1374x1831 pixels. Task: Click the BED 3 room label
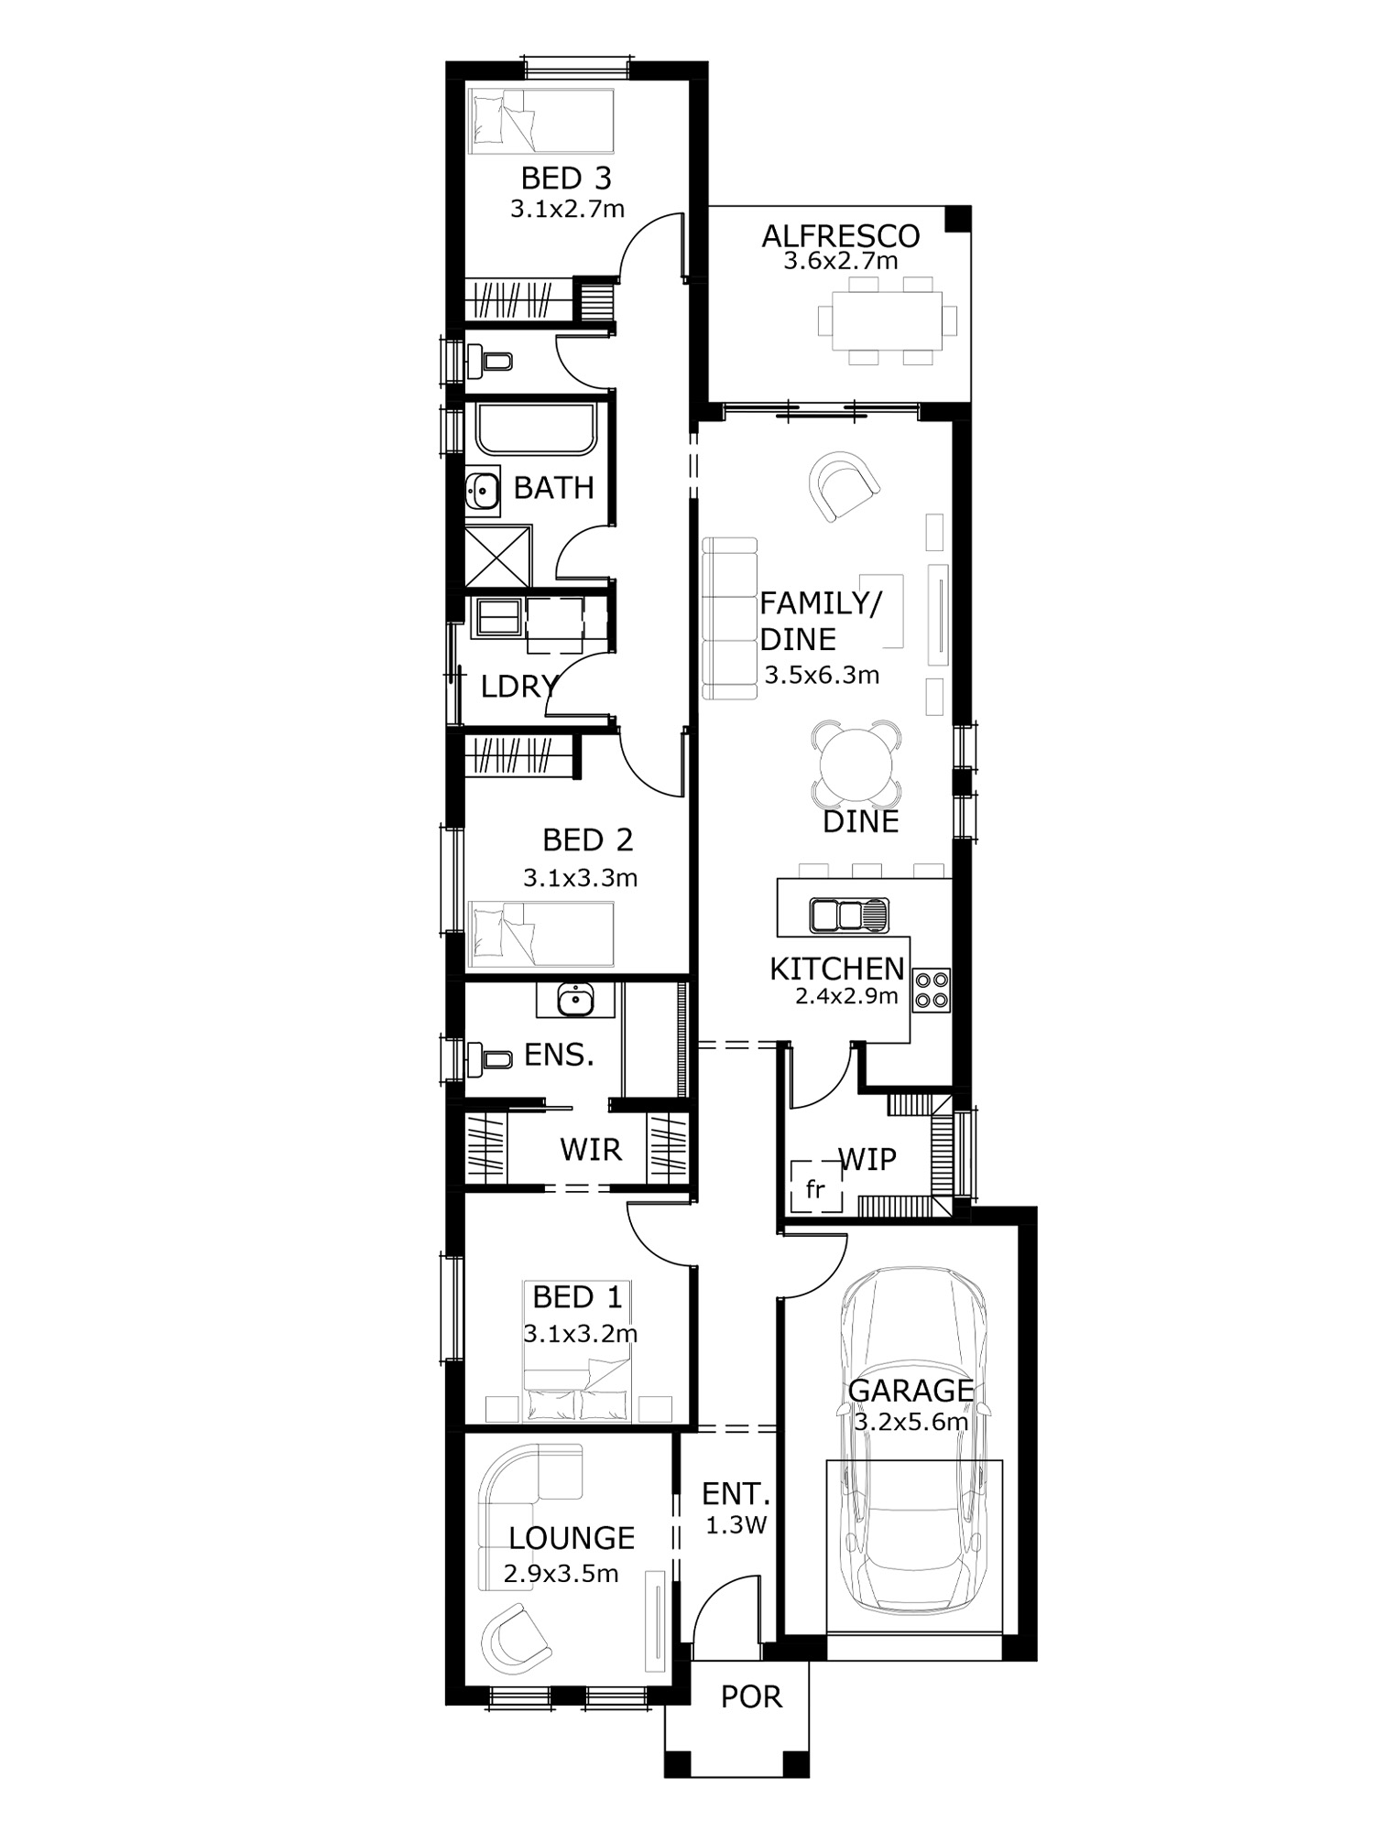coord(566,178)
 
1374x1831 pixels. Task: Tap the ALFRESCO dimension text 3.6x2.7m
coord(841,261)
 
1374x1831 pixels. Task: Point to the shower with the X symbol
coord(498,556)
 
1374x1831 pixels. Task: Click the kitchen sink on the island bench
coord(849,915)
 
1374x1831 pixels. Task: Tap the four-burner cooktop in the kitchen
coord(932,990)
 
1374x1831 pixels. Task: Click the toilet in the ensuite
coord(489,1059)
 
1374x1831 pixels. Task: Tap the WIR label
coord(591,1149)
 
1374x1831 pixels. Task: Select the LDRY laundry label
coord(519,686)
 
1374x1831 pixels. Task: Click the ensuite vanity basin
coord(575,999)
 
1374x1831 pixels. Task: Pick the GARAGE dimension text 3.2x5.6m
coord(911,1422)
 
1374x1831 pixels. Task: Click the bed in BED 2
coord(540,933)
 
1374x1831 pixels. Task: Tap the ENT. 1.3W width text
coord(736,1525)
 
